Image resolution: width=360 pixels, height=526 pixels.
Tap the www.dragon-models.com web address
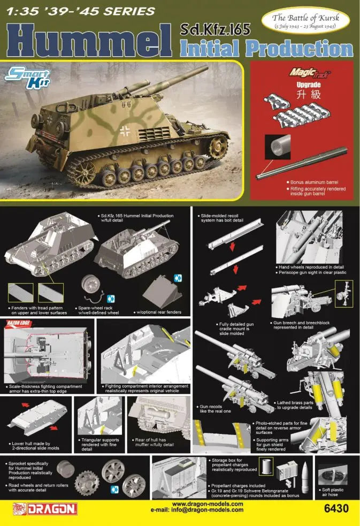click(x=207, y=504)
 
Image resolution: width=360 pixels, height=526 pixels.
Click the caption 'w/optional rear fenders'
click(x=159, y=312)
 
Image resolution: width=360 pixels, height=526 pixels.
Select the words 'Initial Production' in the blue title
click(x=267, y=49)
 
